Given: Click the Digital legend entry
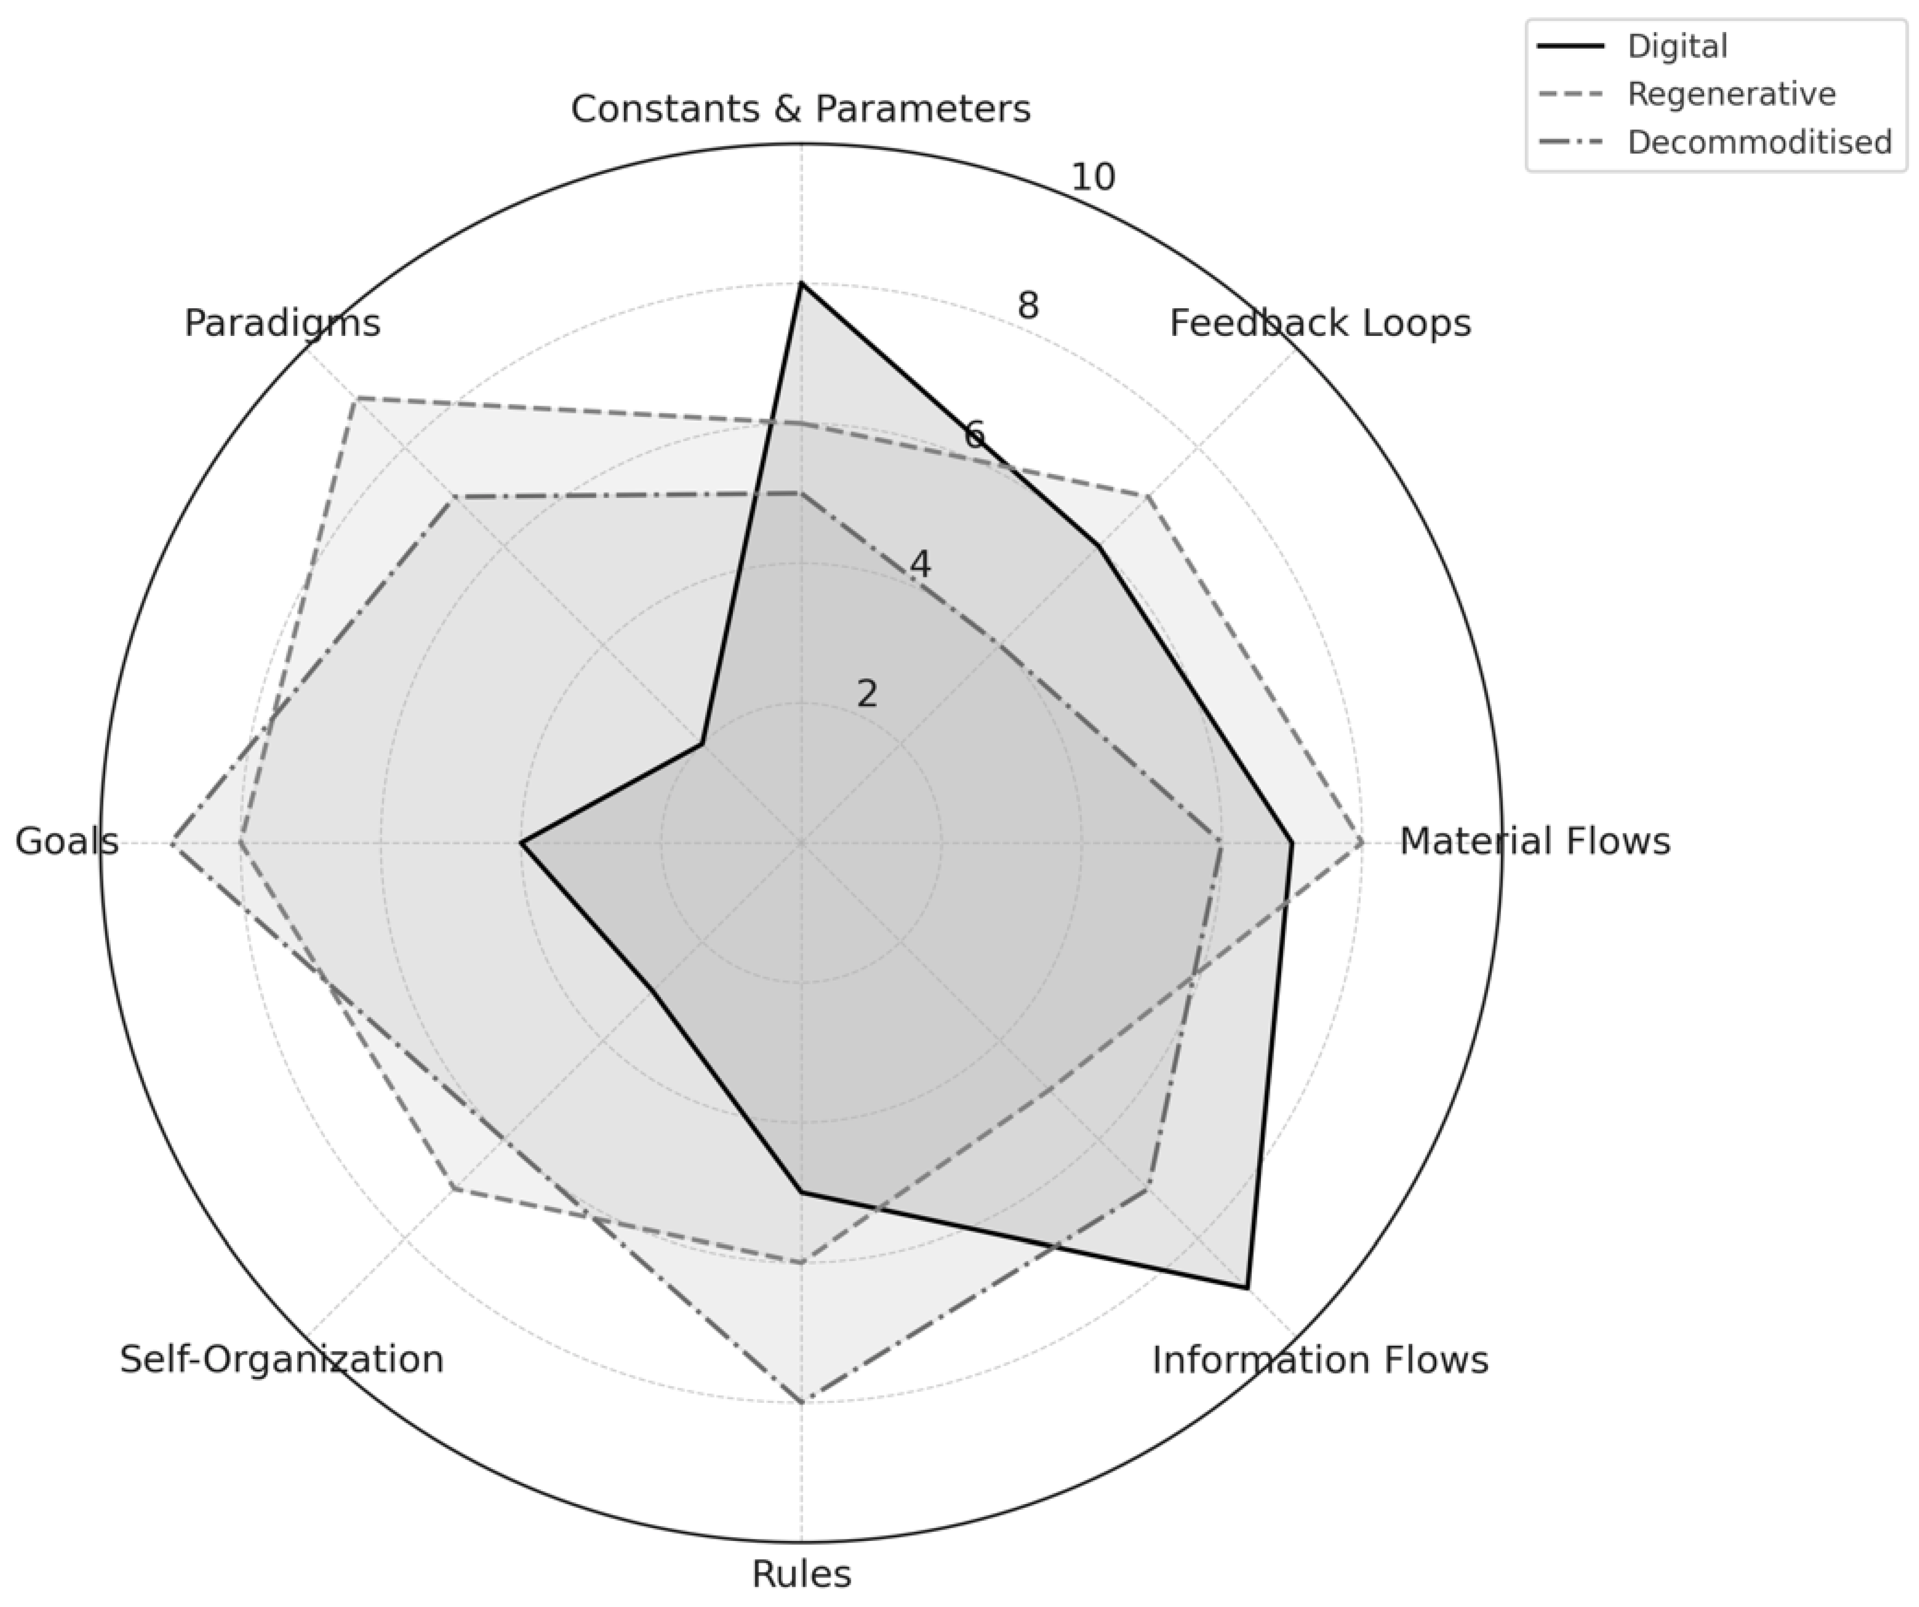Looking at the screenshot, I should pyautogui.click(x=1677, y=46).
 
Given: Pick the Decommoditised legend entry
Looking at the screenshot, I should pyautogui.click(x=1759, y=142).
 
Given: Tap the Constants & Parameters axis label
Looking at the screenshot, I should pyautogui.click(x=801, y=109).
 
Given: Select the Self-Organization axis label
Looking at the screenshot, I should pyautogui.click(x=282, y=1360).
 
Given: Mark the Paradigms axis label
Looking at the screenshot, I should pyautogui.click(x=282, y=324).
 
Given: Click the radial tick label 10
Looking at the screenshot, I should pyautogui.click(x=1093, y=177).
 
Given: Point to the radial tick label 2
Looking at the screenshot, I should pyautogui.click(x=867, y=694).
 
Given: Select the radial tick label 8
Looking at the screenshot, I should pyautogui.click(x=1028, y=306).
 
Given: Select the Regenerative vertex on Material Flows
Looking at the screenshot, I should pyautogui.click(x=1362, y=842).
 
